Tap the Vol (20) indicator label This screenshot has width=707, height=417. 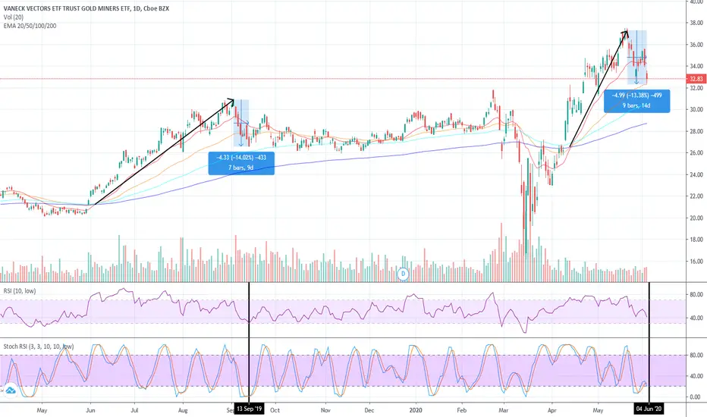tap(15, 17)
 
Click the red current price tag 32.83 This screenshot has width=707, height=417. tap(696, 78)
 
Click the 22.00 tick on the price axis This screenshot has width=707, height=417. tap(696, 196)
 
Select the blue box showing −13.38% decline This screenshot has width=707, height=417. tap(636, 101)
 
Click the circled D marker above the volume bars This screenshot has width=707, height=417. tap(404, 273)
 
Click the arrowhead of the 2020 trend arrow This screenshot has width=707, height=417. tap(627, 31)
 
